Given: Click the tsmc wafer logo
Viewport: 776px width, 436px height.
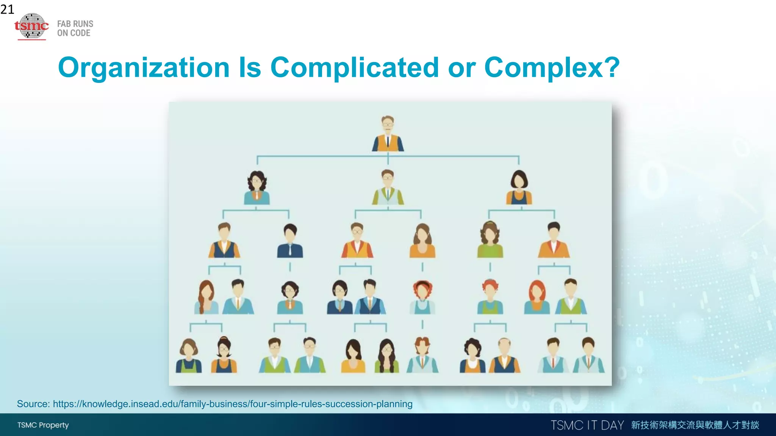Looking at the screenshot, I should click(32, 26).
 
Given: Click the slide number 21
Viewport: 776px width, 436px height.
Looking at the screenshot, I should click(7, 9).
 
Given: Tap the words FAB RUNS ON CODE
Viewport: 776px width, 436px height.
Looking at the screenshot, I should click(75, 28).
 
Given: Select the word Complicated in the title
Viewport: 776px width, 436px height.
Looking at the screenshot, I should click(355, 67).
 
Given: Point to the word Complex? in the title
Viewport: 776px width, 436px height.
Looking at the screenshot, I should click(552, 67).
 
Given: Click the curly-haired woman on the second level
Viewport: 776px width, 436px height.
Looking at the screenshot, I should click(257, 187).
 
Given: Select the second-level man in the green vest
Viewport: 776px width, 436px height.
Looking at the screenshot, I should click(388, 187).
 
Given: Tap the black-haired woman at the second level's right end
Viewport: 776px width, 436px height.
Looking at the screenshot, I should click(519, 187).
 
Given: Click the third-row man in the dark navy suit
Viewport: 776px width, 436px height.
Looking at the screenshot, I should click(290, 241).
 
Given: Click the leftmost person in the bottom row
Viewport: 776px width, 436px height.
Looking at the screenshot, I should click(189, 356).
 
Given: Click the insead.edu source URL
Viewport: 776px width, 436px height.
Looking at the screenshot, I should click(233, 404).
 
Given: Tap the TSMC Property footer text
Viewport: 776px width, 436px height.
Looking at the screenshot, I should click(43, 425).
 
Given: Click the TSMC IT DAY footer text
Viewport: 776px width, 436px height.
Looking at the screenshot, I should click(587, 425).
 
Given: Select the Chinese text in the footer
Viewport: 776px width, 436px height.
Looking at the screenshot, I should click(695, 425).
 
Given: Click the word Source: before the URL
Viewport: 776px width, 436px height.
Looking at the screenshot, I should click(33, 404).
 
